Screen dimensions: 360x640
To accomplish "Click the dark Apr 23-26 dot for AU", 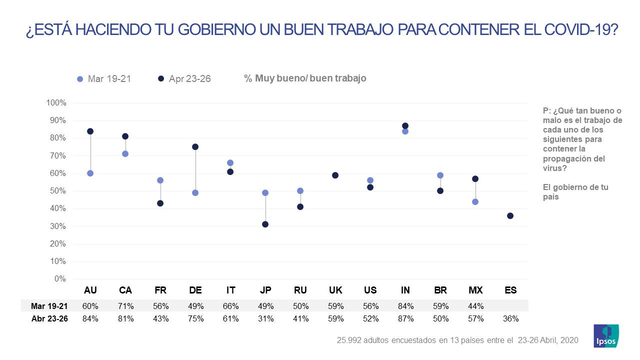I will (90, 131).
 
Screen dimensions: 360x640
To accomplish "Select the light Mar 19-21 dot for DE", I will (195, 192).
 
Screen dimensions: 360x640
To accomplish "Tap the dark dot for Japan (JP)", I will (265, 224).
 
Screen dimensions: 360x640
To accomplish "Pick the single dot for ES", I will (510, 215).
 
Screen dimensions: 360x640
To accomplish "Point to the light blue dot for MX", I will (475, 201).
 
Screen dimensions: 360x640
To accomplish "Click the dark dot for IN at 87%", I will (405, 125).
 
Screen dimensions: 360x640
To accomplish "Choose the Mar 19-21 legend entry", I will (104, 78).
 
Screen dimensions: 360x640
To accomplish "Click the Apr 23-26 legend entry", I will (184, 78).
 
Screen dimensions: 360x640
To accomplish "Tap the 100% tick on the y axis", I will (56, 103).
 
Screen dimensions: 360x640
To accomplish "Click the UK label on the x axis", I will (335, 290).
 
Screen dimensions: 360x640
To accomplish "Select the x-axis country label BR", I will (440, 290).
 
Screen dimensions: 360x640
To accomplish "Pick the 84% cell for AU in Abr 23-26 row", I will (90, 318).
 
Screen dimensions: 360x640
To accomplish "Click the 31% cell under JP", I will (265, 318).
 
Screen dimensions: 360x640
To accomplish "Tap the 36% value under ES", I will (510, 318).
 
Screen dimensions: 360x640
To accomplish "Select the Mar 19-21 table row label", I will (49, 305).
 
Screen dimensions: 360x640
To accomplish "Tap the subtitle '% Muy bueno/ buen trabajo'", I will (305, 78).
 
